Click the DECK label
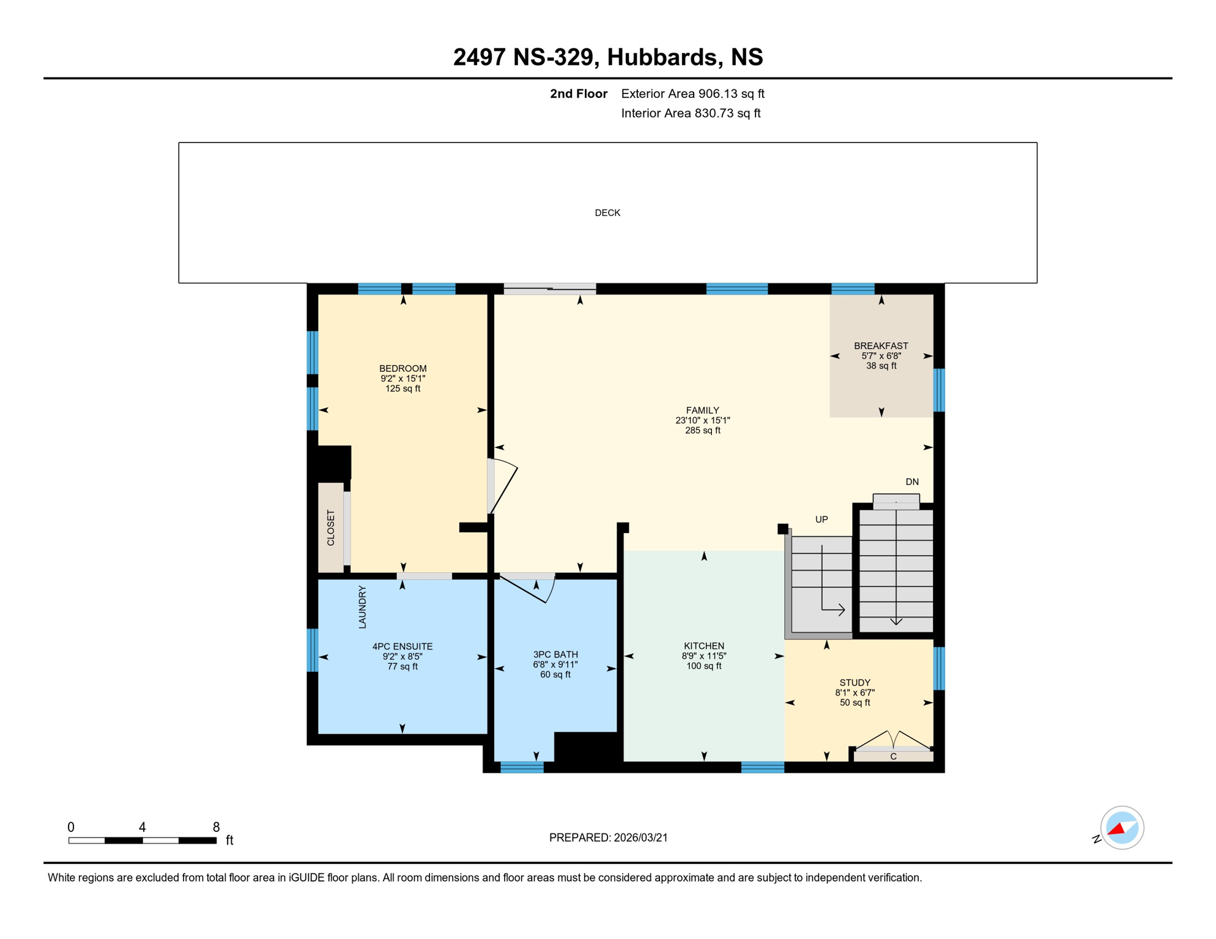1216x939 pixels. [x=607, y=213]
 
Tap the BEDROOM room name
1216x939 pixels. [x=402, y=369]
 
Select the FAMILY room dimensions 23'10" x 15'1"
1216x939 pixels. [x=702, y=421]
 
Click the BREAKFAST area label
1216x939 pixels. [x=881, y=346]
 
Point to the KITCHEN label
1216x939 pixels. [x=703, y=646]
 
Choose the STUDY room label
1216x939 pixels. [x=855, y=683]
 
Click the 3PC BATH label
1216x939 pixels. [x=555, y=655]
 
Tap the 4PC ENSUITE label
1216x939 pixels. [x=402, y=647]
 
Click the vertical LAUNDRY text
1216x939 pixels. [x=362, y=607]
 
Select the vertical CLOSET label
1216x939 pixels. [x=331, y=528]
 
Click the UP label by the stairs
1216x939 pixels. [x=821, y=520]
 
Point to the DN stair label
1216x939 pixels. [x=911, y=482]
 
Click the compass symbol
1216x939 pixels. [x=1122, y=828]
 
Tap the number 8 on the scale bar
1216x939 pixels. [x=216, y=828]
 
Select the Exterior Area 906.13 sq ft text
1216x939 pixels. [x=692, y=94]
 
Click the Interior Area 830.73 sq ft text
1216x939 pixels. [x=691, y=114]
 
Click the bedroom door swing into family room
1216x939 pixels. [x=504, y=487]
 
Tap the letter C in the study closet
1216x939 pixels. [x=893, y=757]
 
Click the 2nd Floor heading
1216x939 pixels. [x=578, y=94]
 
